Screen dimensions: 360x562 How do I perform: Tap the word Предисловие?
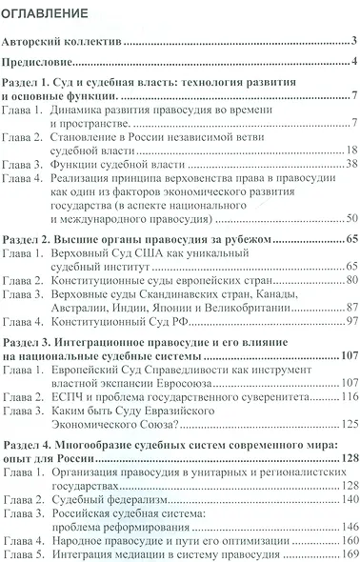(39, 63)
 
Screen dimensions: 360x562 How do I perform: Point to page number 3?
(352, 41)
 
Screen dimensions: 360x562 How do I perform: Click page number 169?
(347, 553)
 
